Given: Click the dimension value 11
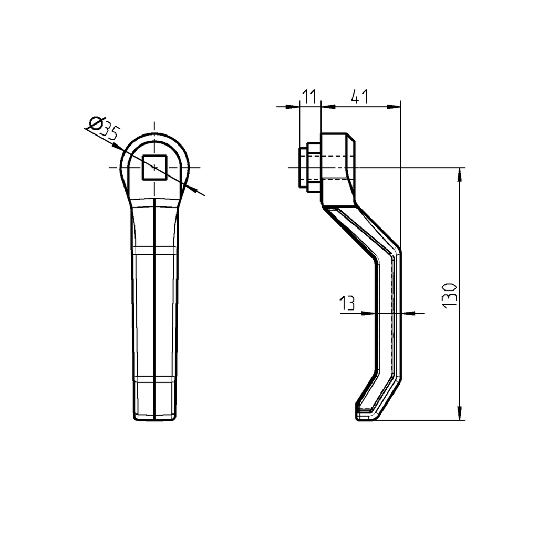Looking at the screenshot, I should click(x=309, y=96).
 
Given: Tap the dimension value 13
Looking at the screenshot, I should click(x=347, y=303).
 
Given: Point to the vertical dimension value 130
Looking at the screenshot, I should click(x=450, y=295).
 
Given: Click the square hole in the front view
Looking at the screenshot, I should click(x=154, y=168).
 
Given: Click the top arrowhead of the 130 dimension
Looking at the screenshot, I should click(x=460, y=173).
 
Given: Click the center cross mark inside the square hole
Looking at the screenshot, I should click(x=154, y=168).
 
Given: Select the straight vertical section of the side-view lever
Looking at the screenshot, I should click(x=389, y=315).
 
